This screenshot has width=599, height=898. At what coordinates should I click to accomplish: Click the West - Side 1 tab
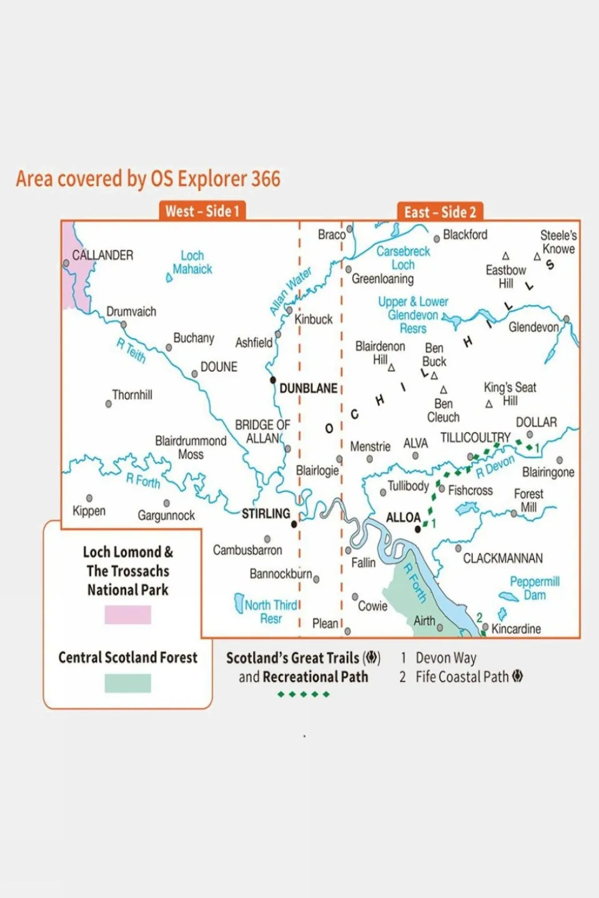click(x=202, y=211)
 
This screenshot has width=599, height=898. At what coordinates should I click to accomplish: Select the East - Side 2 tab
click(x=440, y=212)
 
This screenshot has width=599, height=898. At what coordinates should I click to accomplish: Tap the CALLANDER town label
click(x=102, y=255)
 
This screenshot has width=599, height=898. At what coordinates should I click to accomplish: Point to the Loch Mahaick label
click(x=192, y=263)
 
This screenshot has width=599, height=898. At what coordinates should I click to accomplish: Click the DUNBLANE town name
click(x=308, y=388)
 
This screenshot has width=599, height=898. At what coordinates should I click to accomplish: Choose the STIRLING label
click(x=266, y=514)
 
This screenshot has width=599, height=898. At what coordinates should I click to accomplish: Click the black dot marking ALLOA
click(x=418, y=529)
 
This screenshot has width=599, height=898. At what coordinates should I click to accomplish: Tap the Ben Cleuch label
click(x=443, y=411)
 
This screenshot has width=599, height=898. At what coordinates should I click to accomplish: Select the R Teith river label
click(x=131, y=350)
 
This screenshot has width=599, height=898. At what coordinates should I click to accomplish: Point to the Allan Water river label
click(x=290, y=291)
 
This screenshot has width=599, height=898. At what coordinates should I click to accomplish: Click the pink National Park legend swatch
click(x=127, y=615)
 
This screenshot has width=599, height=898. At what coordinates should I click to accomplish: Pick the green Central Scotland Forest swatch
click(x=127, y=683)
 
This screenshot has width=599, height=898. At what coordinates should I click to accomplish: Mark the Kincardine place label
click(x=516, y=628)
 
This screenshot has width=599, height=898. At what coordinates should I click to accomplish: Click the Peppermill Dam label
click(x=535, y=588)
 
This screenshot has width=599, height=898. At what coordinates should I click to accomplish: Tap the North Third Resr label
click(x=270, y=612)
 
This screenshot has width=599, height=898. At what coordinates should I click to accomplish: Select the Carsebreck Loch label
click(x=403, y=258)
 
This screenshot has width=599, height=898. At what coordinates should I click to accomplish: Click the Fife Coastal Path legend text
click(x=462, y=676)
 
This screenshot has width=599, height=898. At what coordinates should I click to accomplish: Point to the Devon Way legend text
click(x=446, y=658)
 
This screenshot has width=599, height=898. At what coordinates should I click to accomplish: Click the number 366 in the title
click(x=265, y=179)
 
